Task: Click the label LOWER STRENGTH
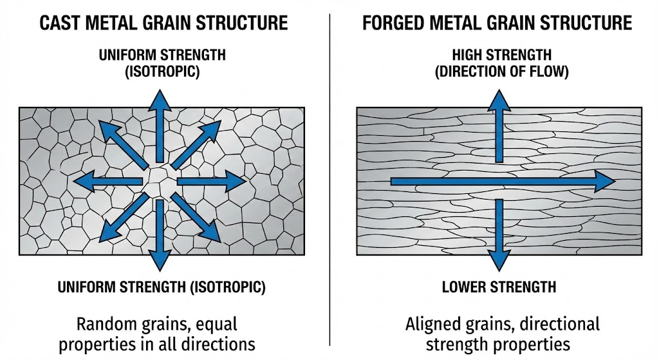pyautogui.click(x=499, y=287)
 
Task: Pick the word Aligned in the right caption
pyautogui.click(x=434, y=323)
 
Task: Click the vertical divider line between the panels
pyautogui.click(x=329, y=180)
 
